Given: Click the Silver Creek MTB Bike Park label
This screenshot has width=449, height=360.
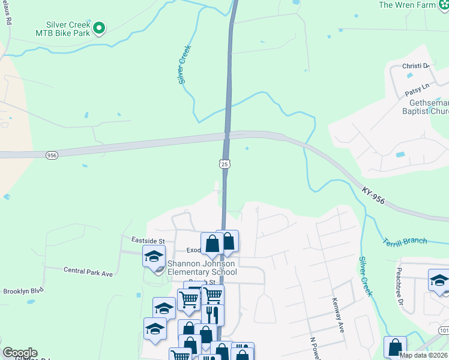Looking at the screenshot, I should (x=62, y=29).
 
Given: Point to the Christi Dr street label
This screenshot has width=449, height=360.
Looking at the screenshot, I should (x=418, y=65).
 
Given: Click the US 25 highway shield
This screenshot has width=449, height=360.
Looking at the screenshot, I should (x=224, y=164).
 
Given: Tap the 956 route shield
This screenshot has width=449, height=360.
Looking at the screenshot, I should (x=52, y=155).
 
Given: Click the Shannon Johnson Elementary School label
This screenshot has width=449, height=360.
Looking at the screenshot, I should (x=202, y=268).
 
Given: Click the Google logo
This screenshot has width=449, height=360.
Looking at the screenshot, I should (x=20, y=353).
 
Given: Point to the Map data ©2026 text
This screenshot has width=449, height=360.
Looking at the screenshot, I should (x=422, y=355).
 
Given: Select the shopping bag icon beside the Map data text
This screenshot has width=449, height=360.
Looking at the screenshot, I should (x=394, y=347).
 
